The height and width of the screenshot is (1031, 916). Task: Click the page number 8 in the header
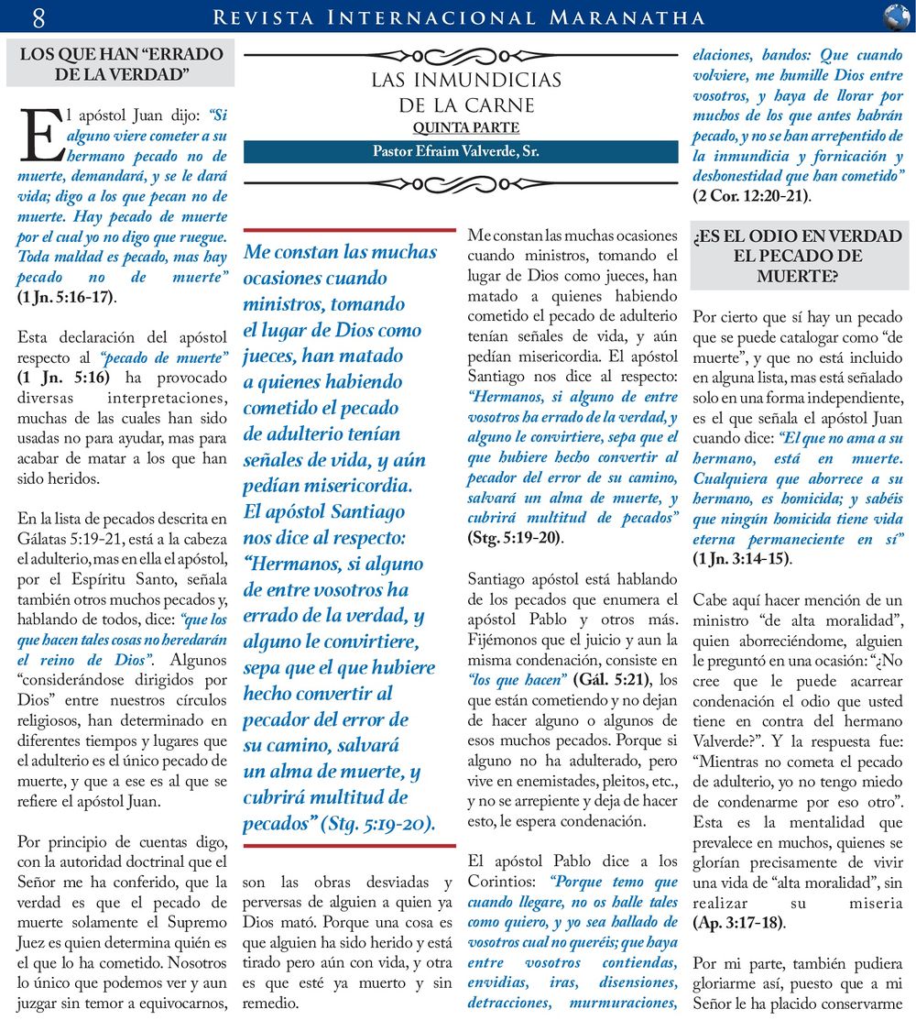click(38, 16)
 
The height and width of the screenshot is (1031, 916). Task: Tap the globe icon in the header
click(896, 16)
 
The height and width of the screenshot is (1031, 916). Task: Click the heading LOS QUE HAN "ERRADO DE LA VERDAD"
click(121, 63)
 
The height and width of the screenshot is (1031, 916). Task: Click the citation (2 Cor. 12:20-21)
click(752, 194)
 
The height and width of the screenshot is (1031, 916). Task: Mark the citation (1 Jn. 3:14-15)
click(743, 558)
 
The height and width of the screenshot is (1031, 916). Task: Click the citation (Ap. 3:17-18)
click(738, 922)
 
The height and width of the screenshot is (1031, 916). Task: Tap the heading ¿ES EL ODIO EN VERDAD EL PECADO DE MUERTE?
click(798, 255)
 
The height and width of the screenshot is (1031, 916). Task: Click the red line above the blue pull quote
click(349, 230)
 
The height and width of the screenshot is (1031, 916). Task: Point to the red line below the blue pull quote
click(349, 846)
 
